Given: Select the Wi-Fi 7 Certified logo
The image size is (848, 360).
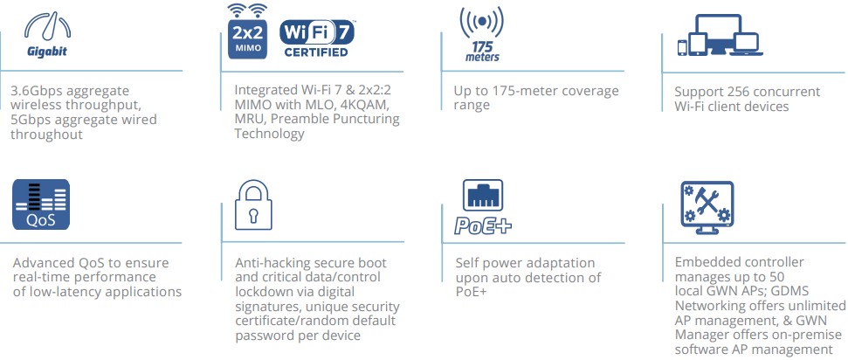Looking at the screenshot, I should pyautogui.click(x=315, y=37).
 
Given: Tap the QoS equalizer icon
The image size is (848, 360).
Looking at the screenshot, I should pyautogui.click(x=41, y=204).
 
